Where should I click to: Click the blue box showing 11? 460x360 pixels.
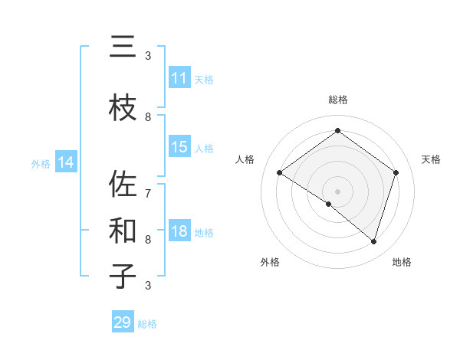pyautogui.click(x=179, y=78)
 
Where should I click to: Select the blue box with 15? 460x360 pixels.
pyautogui.click(x=179, y=147)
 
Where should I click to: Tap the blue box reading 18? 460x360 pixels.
pyautogui.click(x=179, y=232)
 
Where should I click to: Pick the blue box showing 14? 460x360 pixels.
pyautogui.click(x=65, y=162)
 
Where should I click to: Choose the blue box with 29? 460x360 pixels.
pyautogui.click(x=123, y=322)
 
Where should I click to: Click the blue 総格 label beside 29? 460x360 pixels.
pyautogui.click(x=148, y=324)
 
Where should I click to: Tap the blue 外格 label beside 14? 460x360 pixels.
pyautogui.click(x=41, y=163)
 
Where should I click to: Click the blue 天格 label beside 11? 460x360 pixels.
pyautogui.click(x=204, y=79)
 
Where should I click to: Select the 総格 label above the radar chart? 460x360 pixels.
pyautogui.click(x=337, y=100)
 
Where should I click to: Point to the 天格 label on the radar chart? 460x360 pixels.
pyautogui.click(x=431, y=159)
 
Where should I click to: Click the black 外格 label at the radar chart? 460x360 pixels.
pyautogui.click(x=270, y=262)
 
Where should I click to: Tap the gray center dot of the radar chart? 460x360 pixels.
pyautogui.click(x=337, y=191)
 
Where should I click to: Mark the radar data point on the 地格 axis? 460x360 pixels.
pyautogui.click(x=373, y=241)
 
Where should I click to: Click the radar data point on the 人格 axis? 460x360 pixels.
pyautogui.click(x=280, y=173)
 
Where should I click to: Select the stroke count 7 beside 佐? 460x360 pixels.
pyautogui.click(x=148, y=185)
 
